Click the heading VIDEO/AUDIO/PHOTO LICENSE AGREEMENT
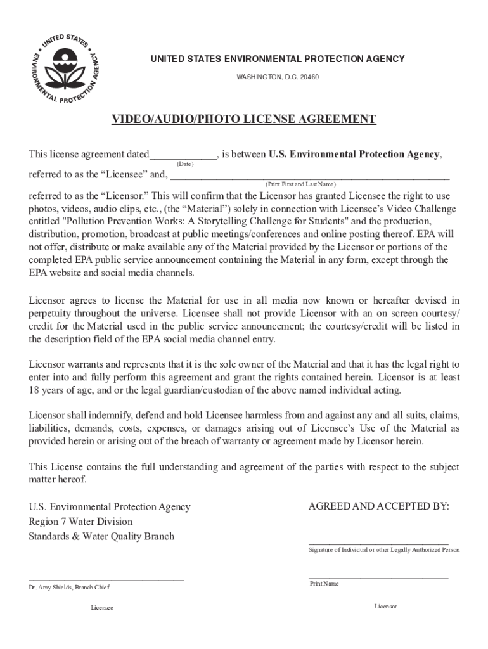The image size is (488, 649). (244, 120)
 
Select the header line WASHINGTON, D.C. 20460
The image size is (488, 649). (278, 77)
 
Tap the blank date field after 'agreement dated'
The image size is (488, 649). (184, 155)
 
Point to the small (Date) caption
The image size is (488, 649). (185, 164)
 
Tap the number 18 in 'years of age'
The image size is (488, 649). (34, 390)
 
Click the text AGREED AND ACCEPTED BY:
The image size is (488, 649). (378, 506)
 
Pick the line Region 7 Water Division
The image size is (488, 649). (80, 522)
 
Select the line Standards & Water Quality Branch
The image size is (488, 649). (101, 536)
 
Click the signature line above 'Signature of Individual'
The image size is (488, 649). (378, 544)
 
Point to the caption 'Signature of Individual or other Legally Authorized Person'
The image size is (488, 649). (384, 550)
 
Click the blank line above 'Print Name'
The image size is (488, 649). (378, 578)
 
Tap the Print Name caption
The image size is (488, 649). (324, 584)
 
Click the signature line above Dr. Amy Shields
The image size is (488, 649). (106, 579)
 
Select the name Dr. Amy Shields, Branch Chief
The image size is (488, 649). (69, 588)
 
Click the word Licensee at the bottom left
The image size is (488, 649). (102, 608)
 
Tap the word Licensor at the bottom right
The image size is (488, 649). (385, 607)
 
